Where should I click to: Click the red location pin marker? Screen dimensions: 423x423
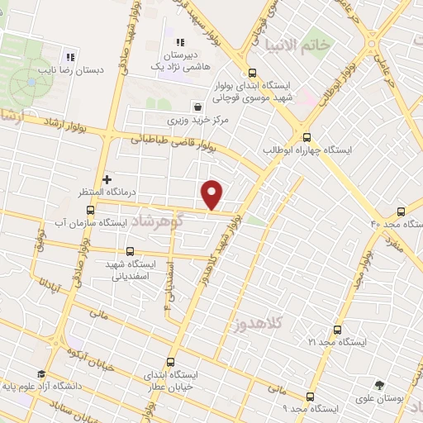212,193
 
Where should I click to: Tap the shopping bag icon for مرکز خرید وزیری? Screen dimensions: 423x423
197,107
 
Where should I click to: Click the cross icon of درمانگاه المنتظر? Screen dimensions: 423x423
107,178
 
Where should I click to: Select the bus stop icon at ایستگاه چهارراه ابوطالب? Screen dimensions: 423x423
307,138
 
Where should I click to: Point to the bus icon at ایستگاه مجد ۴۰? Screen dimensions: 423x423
401,211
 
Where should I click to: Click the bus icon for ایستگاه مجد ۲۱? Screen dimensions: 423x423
335,329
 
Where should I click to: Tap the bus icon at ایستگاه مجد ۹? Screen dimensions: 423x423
310,397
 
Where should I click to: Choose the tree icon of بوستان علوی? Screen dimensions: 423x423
379,384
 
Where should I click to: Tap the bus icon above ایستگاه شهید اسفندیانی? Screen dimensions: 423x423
129,251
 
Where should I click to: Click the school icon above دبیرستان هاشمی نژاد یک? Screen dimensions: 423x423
178,43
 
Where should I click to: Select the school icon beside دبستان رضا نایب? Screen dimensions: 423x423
71,57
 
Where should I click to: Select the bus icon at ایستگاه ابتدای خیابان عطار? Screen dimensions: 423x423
171,361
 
